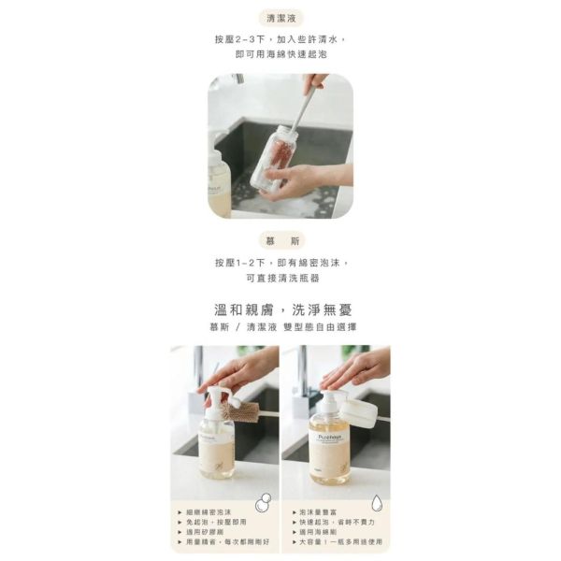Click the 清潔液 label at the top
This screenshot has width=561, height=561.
click(x=280, y=18)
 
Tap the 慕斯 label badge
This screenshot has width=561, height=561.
click(x=280, y=240)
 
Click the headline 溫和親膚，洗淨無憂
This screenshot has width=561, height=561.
click(x=280, y=309)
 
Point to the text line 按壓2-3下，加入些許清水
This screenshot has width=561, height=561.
click(x=280, y=40)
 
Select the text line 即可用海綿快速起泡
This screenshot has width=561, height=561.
click(x=280, y=55)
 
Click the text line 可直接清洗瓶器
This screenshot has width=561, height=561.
click(x=280, y=278)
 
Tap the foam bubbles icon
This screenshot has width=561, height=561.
click(x=264, y=502)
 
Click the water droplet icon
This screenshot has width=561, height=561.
click(x=376, y=502)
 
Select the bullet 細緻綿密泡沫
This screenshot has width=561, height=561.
click(x=211, y=513)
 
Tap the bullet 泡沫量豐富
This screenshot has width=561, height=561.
click(x=324, y=513)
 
